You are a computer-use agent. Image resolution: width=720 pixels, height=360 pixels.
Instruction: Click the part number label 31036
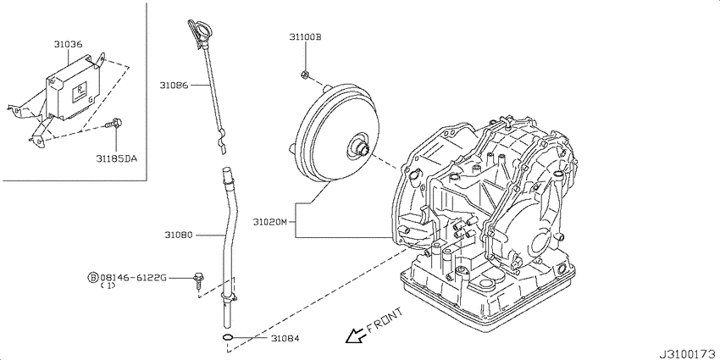tap(68, 45)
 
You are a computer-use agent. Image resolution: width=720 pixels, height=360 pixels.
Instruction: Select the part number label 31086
tap(174, 85)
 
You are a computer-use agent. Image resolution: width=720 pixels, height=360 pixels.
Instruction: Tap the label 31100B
tap(305, 36)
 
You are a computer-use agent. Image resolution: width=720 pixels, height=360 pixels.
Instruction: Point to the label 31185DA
tap(117, 159)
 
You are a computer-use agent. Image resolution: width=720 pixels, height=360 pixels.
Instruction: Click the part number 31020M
tap(269, 222)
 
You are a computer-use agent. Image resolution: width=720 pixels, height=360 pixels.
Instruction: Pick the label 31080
tap(179, 235)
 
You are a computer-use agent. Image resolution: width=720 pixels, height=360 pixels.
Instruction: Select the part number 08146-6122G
tap(134, 277)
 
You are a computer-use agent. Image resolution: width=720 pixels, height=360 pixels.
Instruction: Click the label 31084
tap(285, 339)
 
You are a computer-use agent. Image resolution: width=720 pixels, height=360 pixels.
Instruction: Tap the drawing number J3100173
tap(689, 354)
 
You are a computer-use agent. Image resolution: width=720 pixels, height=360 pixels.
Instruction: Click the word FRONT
tap(385, 320)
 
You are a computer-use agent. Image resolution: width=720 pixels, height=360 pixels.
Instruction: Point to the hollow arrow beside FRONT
tap(356, 336)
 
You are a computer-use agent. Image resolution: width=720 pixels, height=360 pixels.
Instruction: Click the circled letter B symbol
tap(93, 277)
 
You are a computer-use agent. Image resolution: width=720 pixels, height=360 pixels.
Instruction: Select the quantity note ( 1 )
tap(108, 285)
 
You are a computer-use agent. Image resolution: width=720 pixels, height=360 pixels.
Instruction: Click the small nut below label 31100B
tap(304, 74)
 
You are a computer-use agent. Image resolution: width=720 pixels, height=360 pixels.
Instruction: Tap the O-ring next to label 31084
tap(227, 339)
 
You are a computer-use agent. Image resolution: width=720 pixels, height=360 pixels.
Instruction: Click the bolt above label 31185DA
tap(114, 123)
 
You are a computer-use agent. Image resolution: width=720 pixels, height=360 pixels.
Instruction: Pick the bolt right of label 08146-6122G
tap(198, 280)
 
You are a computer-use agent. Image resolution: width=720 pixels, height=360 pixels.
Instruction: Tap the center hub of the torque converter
tap(362, 147)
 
